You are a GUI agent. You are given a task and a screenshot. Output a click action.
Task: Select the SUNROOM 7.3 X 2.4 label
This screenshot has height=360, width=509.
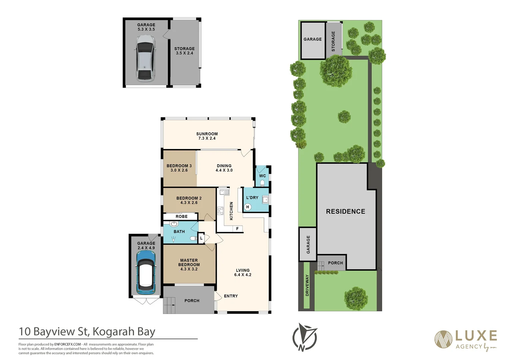click(207, 136)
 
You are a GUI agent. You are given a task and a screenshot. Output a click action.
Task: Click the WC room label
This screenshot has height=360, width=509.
click(262, 176)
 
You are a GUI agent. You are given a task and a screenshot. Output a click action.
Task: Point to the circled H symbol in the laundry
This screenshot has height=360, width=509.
click(248, 207)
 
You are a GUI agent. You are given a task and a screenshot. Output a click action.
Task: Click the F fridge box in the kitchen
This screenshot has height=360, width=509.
click(238, 229)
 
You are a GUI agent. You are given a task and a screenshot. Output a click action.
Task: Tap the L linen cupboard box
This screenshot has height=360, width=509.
click(201, 238)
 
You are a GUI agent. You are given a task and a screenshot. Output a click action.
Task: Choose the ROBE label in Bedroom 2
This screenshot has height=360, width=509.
click(182, 217)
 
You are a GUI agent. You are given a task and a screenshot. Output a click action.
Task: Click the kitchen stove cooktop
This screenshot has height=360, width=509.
click(221, 211)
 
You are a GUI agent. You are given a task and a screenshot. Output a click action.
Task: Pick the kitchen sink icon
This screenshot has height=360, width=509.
click(224, 192)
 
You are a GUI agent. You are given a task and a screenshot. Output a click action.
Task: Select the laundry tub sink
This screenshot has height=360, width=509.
click(265, 200)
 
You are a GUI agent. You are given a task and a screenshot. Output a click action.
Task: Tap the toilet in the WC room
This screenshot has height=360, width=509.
click(262, 183)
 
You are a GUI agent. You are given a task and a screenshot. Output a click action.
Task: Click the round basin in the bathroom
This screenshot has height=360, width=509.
click(174, 224)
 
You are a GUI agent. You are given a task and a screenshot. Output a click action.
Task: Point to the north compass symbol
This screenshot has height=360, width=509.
click(304, 337)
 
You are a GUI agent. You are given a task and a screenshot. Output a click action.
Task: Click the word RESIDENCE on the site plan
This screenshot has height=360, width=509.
click(345, 211)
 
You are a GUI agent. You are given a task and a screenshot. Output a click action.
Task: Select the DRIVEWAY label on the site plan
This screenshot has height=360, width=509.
click(307, 285)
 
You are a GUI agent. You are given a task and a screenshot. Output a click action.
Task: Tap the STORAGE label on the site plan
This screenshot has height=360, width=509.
click(333, 41)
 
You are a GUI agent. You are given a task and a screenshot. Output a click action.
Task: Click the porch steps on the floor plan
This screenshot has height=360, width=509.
click(169, 305)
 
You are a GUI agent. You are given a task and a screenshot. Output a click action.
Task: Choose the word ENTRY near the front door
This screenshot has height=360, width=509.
click(231, 296)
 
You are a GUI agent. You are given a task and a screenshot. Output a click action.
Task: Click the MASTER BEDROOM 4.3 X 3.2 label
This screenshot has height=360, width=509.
click(189, 264)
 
